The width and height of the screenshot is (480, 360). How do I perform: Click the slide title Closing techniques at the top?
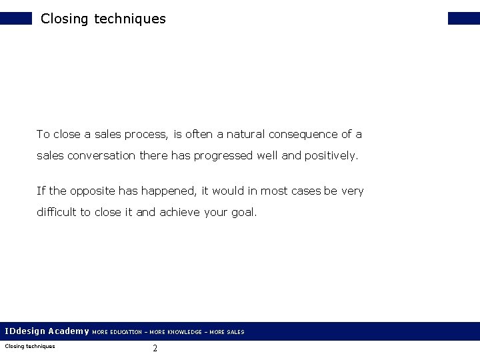coord(103,19)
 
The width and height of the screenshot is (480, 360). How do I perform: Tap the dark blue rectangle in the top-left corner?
coord(15,18)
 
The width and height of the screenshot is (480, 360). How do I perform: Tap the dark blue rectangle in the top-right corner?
coord(464,18)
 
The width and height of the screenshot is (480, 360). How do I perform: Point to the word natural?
coord(246,135)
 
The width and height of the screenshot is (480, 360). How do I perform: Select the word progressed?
coord(228,156)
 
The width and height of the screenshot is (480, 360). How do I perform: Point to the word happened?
coord(168,191)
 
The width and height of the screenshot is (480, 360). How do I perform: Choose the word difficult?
coord(57,213)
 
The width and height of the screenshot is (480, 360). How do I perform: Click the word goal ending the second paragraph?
coord(243,213)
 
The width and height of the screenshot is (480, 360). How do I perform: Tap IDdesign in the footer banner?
coord(25,331)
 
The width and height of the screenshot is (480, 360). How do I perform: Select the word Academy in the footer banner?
coord(69,331)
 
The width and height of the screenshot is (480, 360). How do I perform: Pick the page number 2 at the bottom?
coord(155,348)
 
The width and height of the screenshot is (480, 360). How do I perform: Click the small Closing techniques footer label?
coord(30,346)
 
